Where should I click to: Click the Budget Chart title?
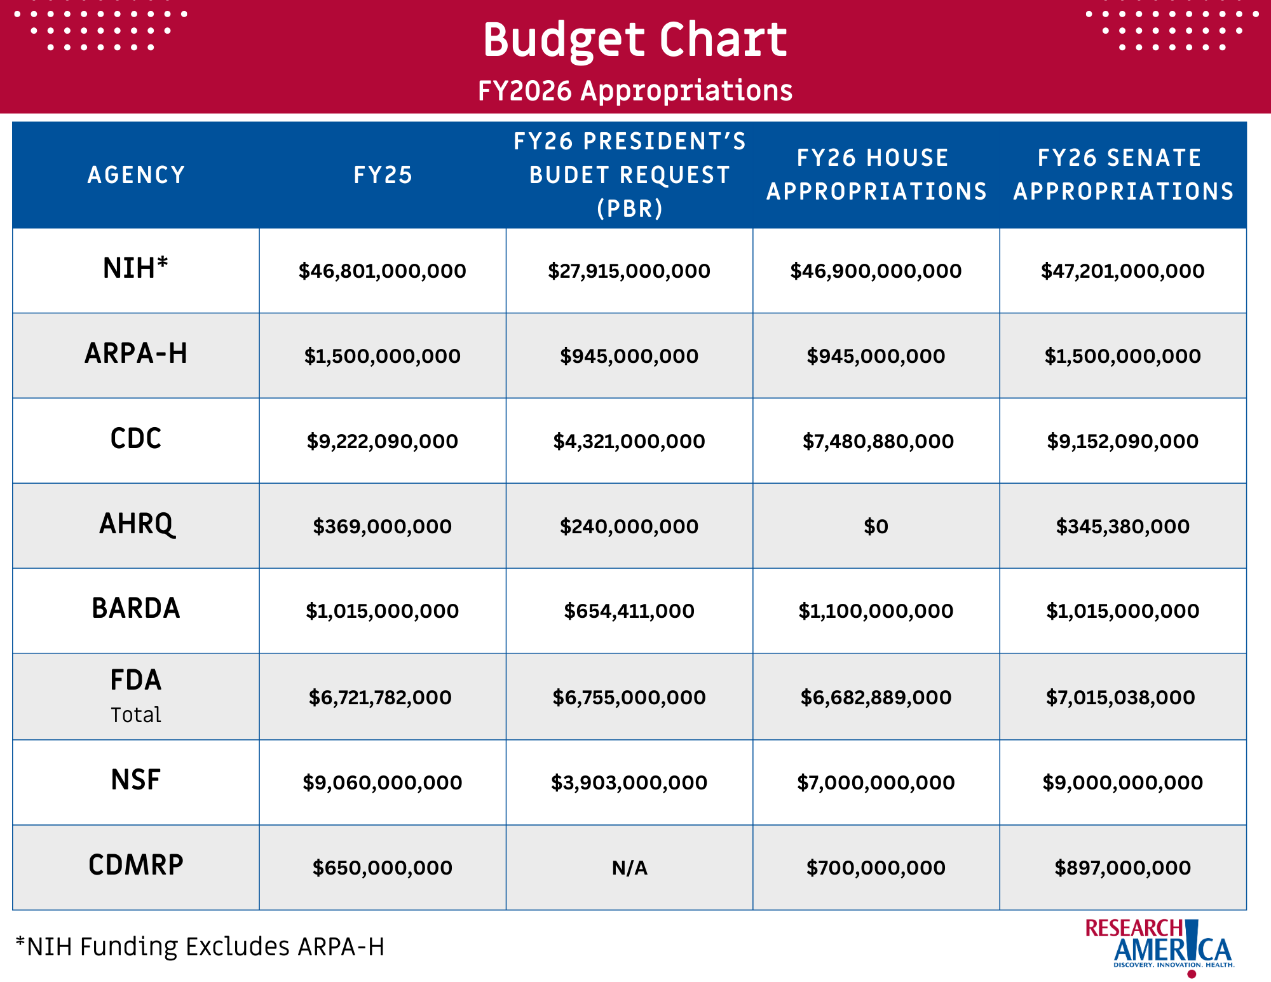635,39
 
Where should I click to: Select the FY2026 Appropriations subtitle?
635,91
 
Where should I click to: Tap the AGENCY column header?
136,175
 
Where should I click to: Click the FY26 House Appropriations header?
876,175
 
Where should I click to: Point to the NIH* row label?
136,268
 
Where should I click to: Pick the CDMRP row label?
136,865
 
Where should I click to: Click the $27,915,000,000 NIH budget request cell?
629,271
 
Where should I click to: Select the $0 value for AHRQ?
876,526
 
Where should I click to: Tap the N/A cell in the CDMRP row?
629,868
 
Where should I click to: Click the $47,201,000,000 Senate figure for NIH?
1123,271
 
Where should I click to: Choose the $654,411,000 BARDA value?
629,611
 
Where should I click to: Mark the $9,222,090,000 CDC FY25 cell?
383,441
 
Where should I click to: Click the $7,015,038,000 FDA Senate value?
1121,697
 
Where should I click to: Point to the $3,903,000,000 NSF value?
629,782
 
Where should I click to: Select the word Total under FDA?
136,715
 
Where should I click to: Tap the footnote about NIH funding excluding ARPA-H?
200,946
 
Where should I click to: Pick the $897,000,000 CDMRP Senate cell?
1123,868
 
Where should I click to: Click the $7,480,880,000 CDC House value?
878,441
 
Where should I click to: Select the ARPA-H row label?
136,353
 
